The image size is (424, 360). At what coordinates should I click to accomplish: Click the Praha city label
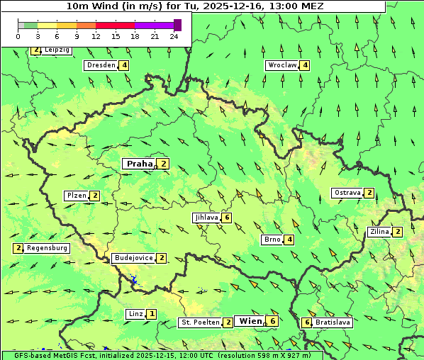139,164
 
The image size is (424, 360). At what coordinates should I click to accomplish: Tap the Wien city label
250,321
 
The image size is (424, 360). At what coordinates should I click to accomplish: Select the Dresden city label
101,65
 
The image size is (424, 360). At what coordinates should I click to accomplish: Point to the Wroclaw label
281,65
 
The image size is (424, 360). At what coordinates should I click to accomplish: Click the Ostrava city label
347,193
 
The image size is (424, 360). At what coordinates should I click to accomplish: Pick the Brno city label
272,240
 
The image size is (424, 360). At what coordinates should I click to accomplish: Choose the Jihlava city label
206,218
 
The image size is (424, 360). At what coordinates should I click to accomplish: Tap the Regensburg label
48,248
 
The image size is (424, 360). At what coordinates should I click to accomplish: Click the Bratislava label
333,322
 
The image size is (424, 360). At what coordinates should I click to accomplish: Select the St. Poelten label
199,322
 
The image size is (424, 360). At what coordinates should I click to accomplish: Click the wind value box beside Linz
152,314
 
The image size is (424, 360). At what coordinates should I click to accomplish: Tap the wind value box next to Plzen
95,196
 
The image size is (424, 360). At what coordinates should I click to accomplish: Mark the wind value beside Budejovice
162,258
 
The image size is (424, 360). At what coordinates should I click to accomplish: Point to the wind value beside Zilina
398,232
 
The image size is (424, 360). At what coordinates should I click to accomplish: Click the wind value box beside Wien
272,321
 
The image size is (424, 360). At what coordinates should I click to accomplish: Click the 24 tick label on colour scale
174,36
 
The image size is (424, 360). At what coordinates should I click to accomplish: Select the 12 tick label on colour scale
96,36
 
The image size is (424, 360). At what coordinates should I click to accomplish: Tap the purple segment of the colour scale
154,25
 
